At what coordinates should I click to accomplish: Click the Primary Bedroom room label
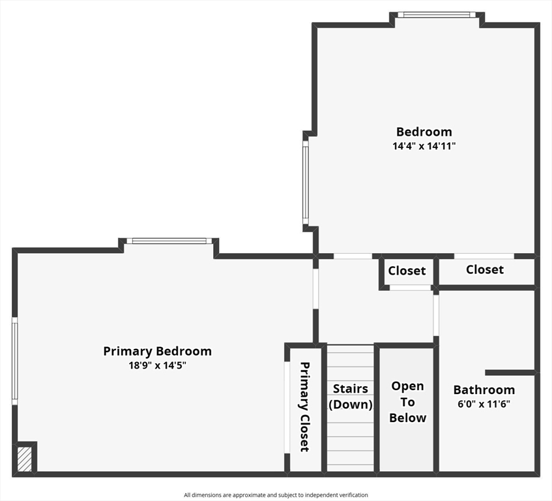pyautogui.click(x=157, y=351)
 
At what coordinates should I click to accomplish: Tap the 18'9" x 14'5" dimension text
pyautogui.click(x=157, y=365)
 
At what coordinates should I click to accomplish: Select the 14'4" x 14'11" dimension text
pyautogui.click(x=424, y=146)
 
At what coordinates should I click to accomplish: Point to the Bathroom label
pyautogui.click(x=484, y=389)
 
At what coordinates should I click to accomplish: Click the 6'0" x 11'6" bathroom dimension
pyautogui.click(x=484, y=404)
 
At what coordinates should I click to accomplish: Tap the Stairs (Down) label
pyautogui.click(x=350, y=397)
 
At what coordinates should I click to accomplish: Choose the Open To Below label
pyautogui.click(x=408, y=402)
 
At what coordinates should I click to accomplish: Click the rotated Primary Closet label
pyautogui.click(x=304, y=406)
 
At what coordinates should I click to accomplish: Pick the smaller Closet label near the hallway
pyautogui.click(x=407, y=271)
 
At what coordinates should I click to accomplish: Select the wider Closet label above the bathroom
pyautogui.click(x=485, y=269)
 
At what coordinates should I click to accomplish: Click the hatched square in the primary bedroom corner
pyautogui.click(x=25, y=459)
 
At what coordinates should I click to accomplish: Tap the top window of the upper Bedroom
pyautogui.click(x=437, y=15)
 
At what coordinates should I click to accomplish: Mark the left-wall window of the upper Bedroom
pyautogui.click(x=306, y=183)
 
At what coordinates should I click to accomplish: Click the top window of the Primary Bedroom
pyautogui.click(x=169, y=241)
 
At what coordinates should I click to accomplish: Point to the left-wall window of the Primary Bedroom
pyautogui.click(x=15, y=361)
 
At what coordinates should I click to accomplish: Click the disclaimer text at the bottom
pyautogui.click(x=276, y=495)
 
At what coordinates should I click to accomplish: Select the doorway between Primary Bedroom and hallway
pyautogui.click(x=316, y=289)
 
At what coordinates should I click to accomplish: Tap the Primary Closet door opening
pyautogui.click(x=287, y=407)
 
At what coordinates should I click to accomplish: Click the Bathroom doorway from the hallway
pyautogui.click(x=436, y=315)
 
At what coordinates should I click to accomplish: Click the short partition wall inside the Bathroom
pyautogui.click(x=510, y=372)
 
